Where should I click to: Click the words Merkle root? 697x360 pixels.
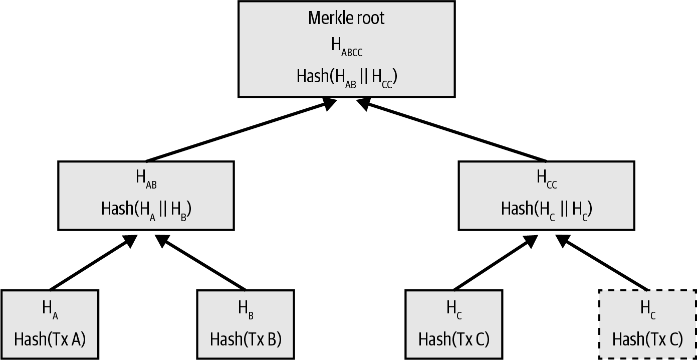(x=346, y=18)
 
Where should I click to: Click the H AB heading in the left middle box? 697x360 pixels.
(x=146, y=179)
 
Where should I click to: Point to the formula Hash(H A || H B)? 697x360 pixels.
(x=146, y=209)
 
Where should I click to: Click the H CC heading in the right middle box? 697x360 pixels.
(x=546, y=179)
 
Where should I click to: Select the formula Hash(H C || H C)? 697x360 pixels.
(x=546, y=209)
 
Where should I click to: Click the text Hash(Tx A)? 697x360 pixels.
(x=50, y=339)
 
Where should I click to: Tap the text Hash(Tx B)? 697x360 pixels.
(x=246, y=339)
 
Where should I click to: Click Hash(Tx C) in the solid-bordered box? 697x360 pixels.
(x=453, y=339)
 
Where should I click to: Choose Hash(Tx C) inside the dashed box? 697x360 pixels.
(x=647, y=339)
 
